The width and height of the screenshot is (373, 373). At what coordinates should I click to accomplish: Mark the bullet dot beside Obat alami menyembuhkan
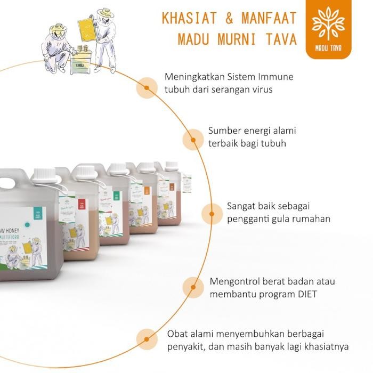(x=145, y=338)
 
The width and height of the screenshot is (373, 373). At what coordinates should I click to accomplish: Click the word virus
(x=261, y=90)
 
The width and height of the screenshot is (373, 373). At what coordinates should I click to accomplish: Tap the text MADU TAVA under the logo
(x=328, y=47)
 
